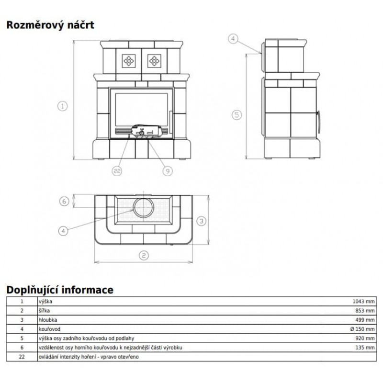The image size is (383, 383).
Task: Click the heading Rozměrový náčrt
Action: (x=50, y=25)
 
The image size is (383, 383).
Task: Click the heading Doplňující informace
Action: (x=60, y=290)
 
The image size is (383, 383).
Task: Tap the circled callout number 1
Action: (x=63, y=106)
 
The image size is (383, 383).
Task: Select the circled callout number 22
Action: (x=117, y=171)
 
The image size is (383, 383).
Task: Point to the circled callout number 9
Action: (x=168, y=171)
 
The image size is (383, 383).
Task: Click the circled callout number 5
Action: (x=237, y=115)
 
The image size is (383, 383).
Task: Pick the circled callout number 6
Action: (x=64, y=201)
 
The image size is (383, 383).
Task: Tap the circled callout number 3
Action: (x=202, y=221)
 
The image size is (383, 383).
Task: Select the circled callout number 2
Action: (x=144, y=256)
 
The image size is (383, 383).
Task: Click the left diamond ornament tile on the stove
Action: (x=129, y=61)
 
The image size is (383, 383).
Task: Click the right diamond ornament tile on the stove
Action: (x=154, y=61)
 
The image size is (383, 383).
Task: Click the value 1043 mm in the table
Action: (x=363, y=302)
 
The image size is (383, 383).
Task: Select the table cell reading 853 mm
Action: (x=365, y=311)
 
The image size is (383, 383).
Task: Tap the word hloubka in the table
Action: (x=48, y=320)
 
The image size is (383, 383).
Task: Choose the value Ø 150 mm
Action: (x=362, y=329)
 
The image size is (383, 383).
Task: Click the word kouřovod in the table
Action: (x=49, y=329)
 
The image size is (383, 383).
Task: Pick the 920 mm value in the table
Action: (x=365, y=338)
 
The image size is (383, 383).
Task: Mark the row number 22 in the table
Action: (x=22, y=357)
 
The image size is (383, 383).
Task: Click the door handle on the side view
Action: (x=318, y=122)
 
